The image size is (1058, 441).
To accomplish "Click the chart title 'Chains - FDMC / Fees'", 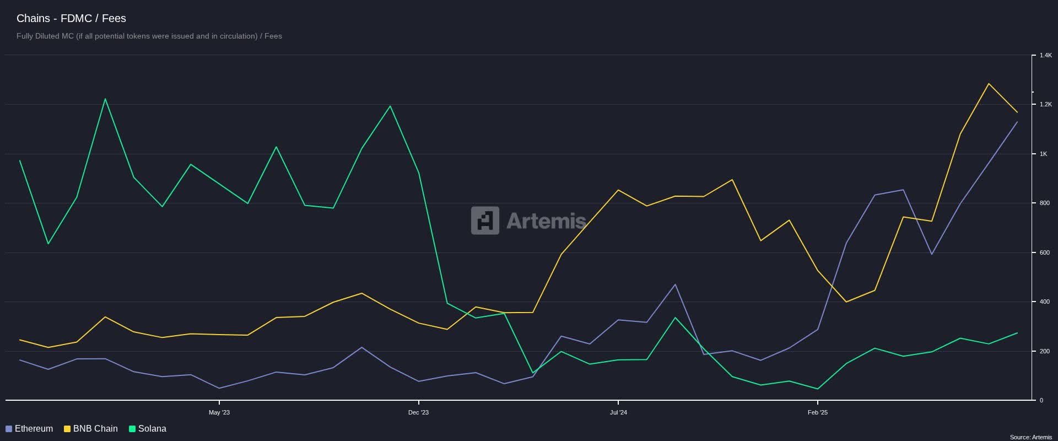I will [71, 18].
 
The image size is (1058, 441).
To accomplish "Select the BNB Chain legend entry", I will [91, 429].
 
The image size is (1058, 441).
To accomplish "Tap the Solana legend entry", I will [147, 429].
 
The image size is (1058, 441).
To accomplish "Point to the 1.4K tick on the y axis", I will [1045, 56].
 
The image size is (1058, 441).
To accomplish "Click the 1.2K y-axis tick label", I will [1045, 104].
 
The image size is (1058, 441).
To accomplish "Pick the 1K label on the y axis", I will [1043, 154].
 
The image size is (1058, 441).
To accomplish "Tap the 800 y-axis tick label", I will [1044, 203].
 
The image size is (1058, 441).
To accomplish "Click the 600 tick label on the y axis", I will [1044, 252].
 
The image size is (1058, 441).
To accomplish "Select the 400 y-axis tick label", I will [1044, 302].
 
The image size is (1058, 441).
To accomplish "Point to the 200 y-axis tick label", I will [1044, 351].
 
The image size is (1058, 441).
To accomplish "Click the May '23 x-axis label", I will [219, 412].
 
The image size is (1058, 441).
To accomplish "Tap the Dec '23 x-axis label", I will [418, 412].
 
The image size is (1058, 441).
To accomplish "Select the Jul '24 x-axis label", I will [618, 412].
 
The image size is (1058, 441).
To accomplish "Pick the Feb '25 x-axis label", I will [818, 412].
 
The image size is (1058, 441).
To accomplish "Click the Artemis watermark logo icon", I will [485, 220].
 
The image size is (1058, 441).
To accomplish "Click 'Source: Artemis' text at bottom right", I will [1030, 437].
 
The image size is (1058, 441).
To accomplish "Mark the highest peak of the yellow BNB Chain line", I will [989, 84].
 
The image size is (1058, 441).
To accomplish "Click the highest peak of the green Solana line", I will [105, 99].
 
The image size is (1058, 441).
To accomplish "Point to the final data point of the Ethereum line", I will [1017, 122].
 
